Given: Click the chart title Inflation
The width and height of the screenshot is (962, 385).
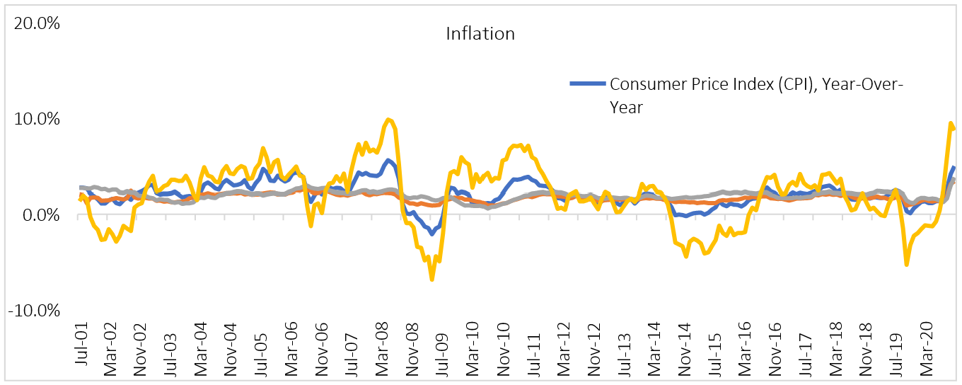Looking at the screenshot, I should click(480, 33).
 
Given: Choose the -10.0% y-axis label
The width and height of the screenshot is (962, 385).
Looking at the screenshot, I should click(33, 310).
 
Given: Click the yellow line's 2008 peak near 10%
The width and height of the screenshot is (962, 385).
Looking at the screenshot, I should click(388, 120).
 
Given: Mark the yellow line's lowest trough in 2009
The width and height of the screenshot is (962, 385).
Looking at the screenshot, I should click(431, 280).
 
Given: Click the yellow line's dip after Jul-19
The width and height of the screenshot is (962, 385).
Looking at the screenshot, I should click(906, 265).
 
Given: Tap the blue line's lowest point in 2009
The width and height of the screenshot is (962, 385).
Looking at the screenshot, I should click(431, 233).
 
